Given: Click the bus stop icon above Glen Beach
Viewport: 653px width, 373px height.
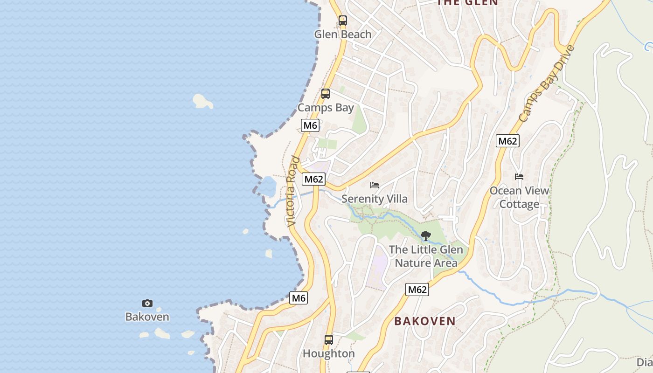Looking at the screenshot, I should click(343, 21).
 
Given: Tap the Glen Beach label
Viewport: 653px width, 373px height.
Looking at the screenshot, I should click(343, 34).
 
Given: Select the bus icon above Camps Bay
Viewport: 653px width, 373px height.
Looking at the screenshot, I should click(326, 94).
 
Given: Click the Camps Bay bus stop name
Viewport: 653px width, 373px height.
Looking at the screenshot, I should click(326, 108).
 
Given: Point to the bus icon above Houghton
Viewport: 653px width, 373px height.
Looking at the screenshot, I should click(329, 339).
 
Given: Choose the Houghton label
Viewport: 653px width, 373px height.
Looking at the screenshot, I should click(329, 353).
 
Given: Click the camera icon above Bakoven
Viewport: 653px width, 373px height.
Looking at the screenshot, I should click(147, 304).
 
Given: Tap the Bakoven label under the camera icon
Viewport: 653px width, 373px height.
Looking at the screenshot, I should click(147, 317).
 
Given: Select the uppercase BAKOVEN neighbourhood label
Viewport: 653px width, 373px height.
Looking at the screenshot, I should click(425, 321).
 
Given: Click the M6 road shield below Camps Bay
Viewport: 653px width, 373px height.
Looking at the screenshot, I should click(310, 125).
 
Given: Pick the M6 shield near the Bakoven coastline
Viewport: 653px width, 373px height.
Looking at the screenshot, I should click(299, 298).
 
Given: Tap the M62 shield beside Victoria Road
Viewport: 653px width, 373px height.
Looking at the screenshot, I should click(313, 179).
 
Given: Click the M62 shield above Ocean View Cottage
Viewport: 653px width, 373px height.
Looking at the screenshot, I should click(507, 141).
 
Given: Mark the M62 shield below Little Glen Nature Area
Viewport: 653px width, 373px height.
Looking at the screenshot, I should click(417, 290).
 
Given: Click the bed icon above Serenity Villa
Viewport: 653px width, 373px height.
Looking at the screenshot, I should click(375, 185).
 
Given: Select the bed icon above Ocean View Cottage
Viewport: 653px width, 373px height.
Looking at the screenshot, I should click(519, 177).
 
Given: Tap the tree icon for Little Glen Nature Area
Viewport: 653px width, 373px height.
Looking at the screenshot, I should click(425, 236).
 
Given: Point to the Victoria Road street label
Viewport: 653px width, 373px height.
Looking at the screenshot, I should click(293, 191).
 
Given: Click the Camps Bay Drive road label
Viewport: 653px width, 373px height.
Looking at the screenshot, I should click(546, 84).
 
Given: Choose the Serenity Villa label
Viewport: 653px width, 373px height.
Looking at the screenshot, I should click(375, 199).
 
